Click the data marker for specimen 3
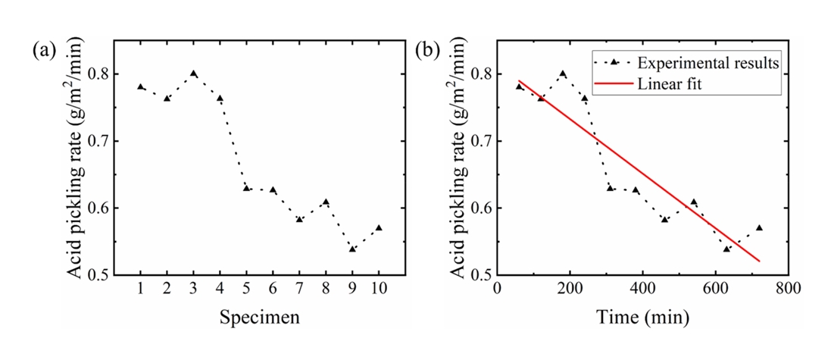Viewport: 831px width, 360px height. coord(194,74)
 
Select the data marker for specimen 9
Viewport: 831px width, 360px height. coord(352,249)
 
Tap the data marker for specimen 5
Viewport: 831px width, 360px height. coord(246,188)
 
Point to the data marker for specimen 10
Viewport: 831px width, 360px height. coord(379,227)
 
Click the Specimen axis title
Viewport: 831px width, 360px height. coord(259,318)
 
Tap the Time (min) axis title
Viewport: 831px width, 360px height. coord(642,318)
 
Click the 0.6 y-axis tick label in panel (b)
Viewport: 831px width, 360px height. coord(480,208)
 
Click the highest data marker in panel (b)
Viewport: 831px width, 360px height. coord(563,74)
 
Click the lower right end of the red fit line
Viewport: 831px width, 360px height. coord(758,261)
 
